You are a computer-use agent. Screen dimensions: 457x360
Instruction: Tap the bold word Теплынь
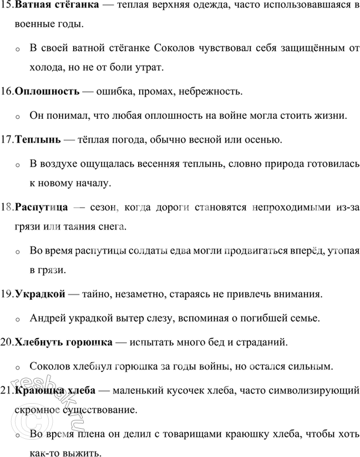coord(38,138)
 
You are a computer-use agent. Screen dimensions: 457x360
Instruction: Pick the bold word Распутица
coord(42,207)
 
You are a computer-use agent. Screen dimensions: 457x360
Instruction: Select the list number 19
coord(7,293)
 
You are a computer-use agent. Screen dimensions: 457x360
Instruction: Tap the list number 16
coord(7,90)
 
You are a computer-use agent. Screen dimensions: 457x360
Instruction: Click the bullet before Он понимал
coord(18,117)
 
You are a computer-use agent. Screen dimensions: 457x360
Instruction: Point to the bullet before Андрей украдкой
coord(18,319)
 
